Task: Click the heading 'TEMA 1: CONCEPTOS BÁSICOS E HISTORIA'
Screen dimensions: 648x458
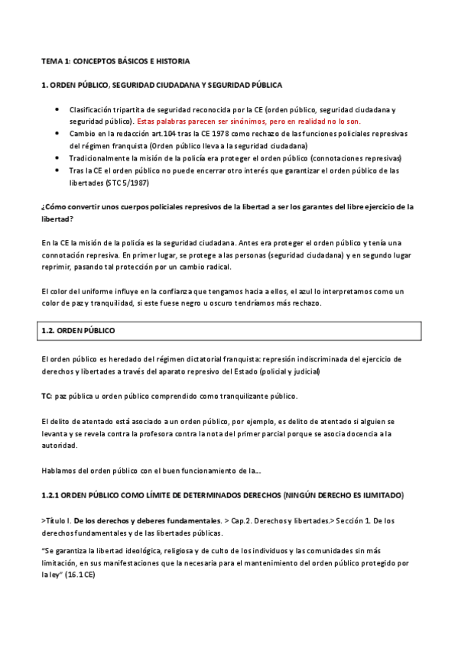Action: pos(115,60)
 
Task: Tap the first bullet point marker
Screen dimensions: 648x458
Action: pos(57,109)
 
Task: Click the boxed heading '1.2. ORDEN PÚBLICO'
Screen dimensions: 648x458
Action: pos(77,331)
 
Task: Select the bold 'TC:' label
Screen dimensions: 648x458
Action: pos(47,396)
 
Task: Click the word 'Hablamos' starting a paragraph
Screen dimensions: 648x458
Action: pos(60,470)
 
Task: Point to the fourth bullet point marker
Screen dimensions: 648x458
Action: pos(57,170)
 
